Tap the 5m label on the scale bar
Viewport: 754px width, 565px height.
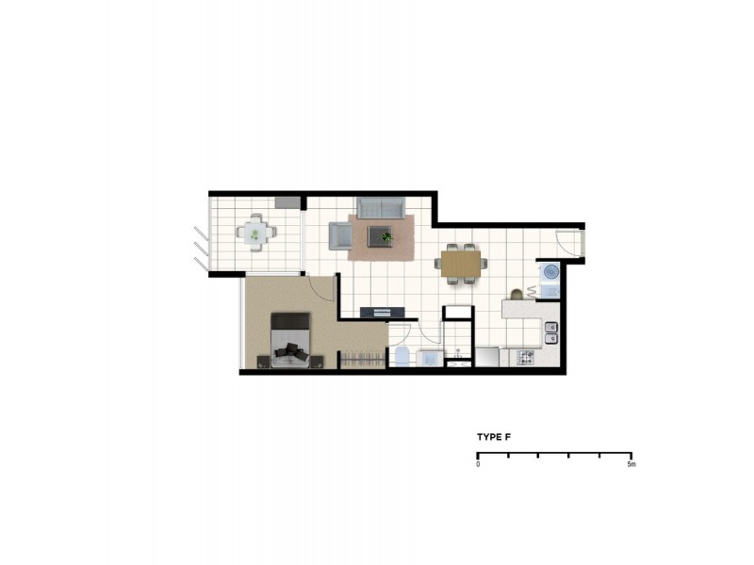[631, 465]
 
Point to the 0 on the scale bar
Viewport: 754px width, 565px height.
[478, 465]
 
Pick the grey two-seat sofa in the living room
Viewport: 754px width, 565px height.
[381, 207]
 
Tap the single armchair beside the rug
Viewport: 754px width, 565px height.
[338, 236]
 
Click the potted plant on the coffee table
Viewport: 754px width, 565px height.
[386, 237]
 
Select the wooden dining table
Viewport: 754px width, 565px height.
[461, 263]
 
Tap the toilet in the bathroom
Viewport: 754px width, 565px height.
[402, 356]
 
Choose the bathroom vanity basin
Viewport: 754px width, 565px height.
[429, 358]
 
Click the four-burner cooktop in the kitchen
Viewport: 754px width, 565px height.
[524, 357]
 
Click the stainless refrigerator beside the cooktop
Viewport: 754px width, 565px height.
[487, 357]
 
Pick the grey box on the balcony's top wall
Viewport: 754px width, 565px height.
[287, 202]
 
